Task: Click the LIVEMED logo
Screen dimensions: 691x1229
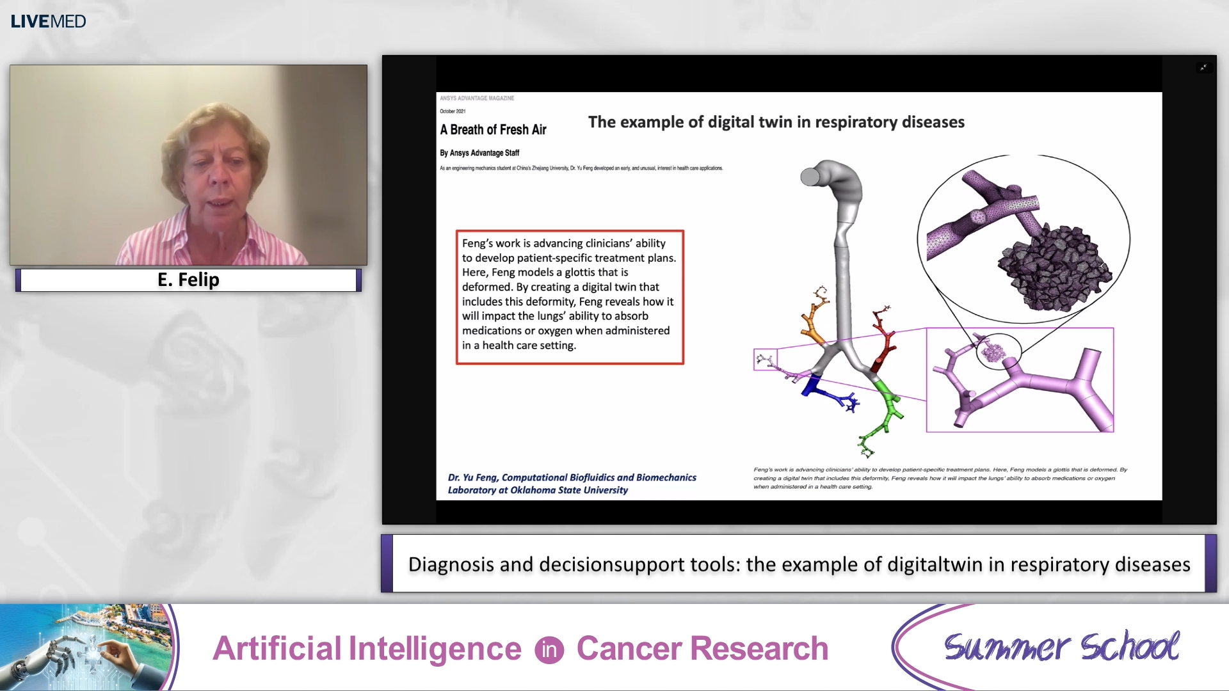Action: point(48,21)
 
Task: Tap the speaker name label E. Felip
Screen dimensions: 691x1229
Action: point(188,280)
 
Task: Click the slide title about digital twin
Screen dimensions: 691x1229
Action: point(776,122)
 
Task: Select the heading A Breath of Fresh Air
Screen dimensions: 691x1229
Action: point(493,130)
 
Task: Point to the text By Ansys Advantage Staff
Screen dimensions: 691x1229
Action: point(479,153)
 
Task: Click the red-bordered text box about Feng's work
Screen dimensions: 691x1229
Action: point(570,297)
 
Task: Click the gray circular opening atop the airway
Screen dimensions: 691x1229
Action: point(810,176)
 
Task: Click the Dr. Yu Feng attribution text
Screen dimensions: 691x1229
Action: point(572,484)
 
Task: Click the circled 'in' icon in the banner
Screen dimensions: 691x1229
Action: point(549,650)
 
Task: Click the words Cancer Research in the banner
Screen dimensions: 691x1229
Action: point(702,649)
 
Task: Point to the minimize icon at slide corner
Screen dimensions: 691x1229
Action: point(1203,67)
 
